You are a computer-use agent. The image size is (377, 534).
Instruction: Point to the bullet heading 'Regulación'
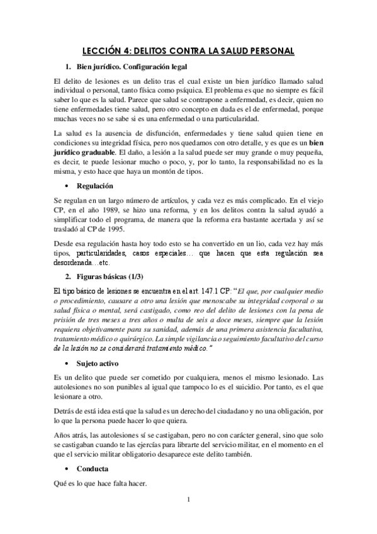click(95, 186)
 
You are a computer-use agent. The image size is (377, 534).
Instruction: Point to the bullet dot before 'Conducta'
click(67, 469)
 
